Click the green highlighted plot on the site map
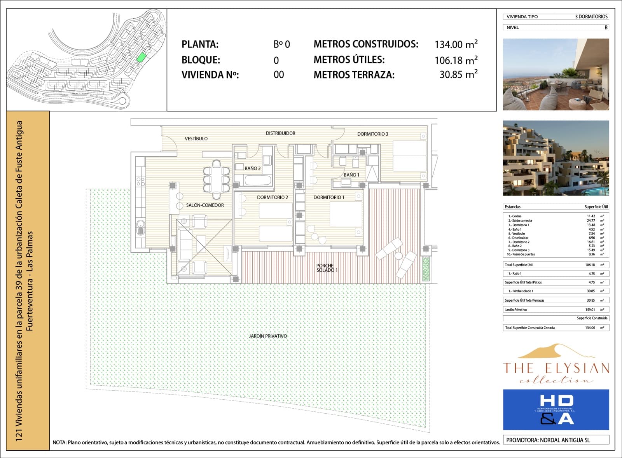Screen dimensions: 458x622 coord(142,58)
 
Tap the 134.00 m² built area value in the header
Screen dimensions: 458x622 coord(456,44)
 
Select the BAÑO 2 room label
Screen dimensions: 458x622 coord(252,168)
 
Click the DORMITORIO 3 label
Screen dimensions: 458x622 coord(372,134)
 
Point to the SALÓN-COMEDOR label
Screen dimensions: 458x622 coord(205,205)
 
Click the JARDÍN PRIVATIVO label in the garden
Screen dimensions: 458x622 coord(268,336)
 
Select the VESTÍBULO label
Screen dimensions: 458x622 coord(196,138)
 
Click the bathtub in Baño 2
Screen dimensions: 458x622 coord(257,180)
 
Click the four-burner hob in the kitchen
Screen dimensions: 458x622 coord(140,181)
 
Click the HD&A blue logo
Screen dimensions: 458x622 coord(556,409)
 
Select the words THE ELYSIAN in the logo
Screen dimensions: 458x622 coord(556,368)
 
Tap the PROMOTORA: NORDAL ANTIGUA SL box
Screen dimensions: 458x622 coord(556,440)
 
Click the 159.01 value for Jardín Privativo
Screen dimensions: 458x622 coord(590,310)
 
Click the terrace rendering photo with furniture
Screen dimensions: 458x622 coord(556,74)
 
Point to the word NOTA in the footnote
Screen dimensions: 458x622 coord(59,442)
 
